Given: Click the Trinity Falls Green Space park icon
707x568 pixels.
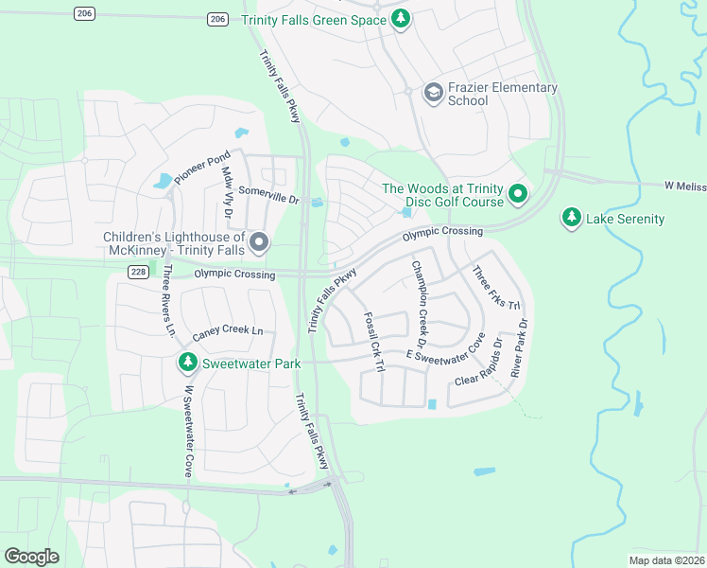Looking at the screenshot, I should pos(401,19).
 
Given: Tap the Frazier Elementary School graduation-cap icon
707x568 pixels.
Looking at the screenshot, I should pos(433,93).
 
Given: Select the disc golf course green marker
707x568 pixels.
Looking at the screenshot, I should pos(517,194).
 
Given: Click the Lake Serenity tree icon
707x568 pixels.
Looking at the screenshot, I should pos(571,219).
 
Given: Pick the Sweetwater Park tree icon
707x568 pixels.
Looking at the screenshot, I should pos(187,363).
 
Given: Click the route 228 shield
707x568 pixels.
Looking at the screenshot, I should pos(138,273).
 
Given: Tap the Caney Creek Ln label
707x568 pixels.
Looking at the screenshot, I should pos(227,330).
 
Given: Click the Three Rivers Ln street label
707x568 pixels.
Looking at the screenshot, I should pos(167,301).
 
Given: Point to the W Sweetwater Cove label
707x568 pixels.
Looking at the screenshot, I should pos(188,430).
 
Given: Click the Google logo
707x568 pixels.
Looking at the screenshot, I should pos(32,557).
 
